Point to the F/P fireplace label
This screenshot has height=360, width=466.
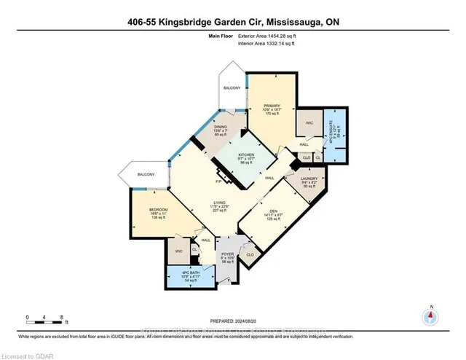[x=218, y=181]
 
